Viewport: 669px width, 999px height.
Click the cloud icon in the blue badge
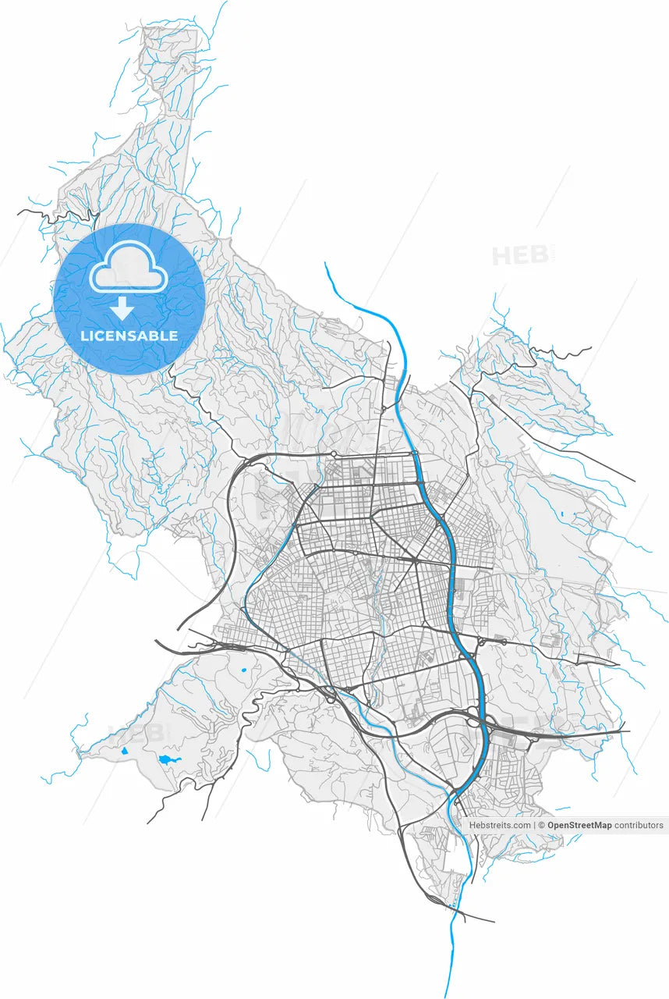(129, 268)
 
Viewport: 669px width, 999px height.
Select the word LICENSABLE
(129, 336)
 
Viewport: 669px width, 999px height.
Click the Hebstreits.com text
(499, 825)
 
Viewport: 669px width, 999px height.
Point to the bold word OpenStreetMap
(579, 825)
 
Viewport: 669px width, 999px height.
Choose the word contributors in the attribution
(639, 825)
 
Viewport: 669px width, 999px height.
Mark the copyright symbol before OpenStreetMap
(542, 825)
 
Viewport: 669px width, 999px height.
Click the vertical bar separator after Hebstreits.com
(534, 825)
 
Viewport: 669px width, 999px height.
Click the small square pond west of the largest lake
(124, 751)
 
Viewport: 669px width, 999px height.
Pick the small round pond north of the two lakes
(244, 670)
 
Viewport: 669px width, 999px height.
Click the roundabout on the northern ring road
(334, 453)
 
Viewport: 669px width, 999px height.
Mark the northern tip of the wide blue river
(326, 264)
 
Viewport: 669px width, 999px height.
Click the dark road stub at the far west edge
(31, 212)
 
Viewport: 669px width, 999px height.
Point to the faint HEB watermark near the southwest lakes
(140, 732)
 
